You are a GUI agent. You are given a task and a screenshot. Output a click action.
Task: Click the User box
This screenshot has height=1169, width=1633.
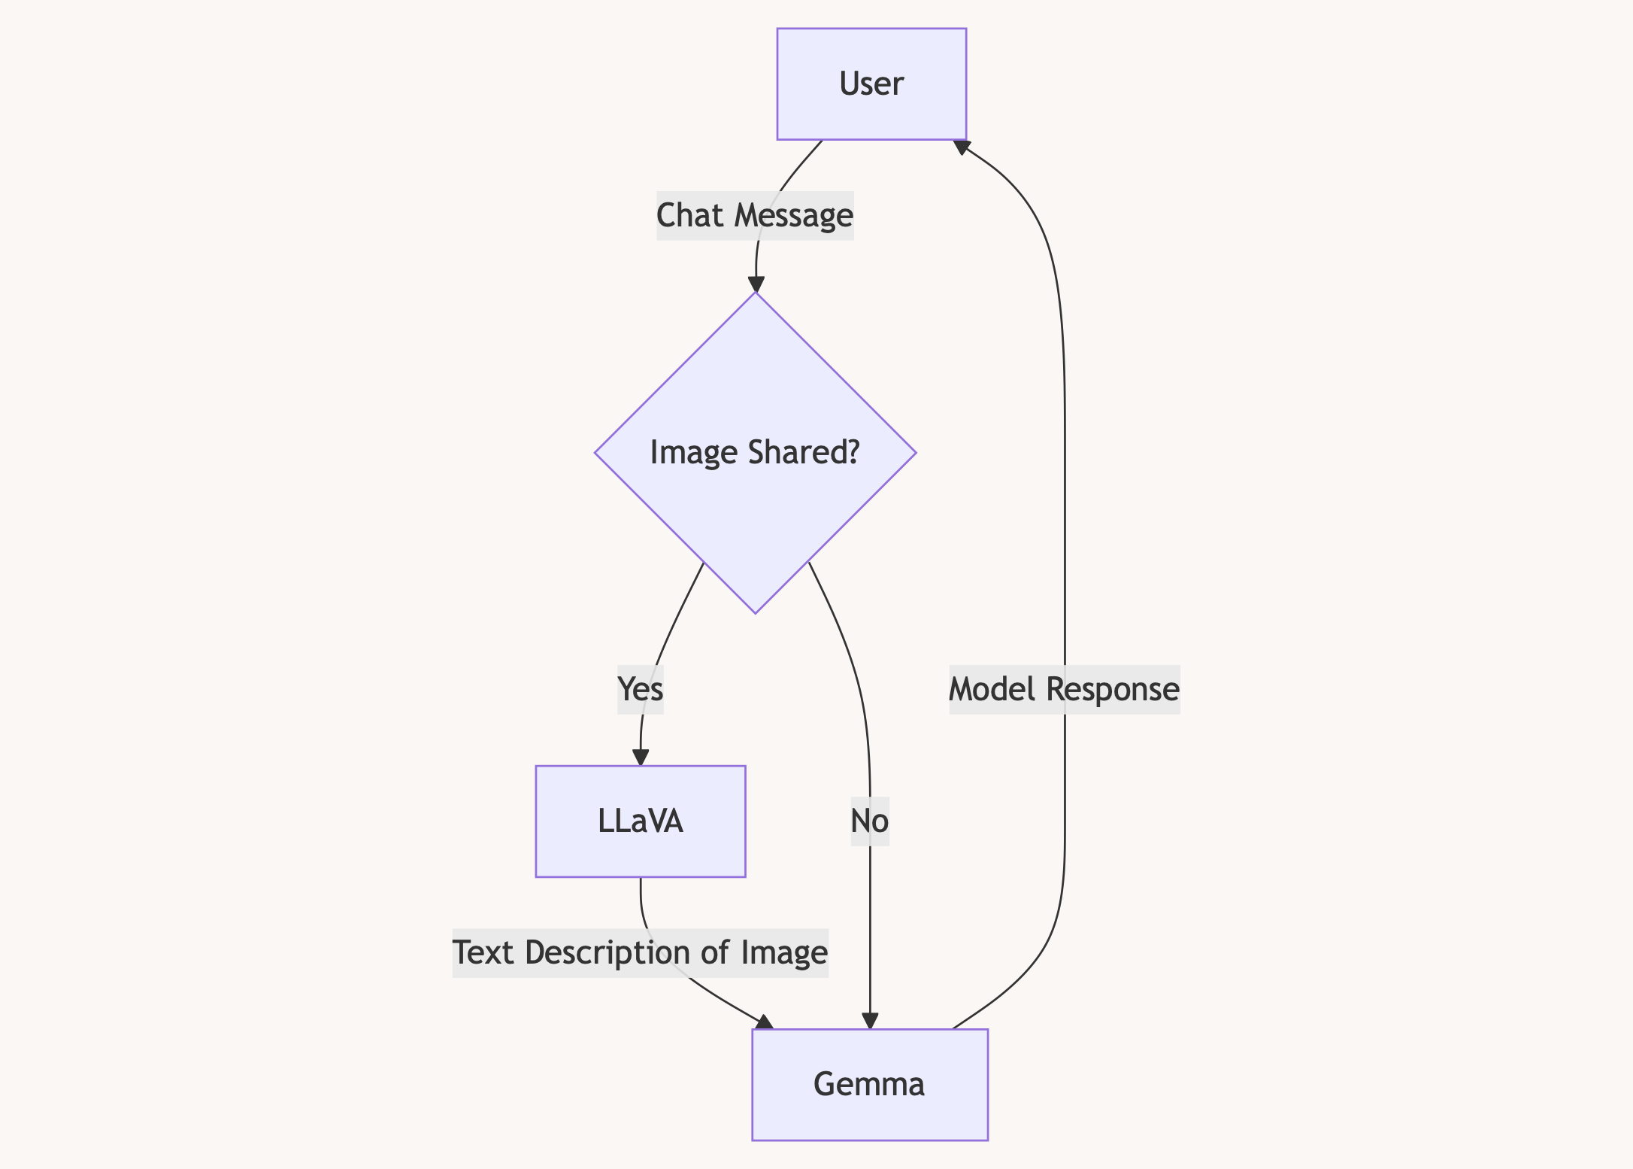pyautogui.click(x=871, y=83)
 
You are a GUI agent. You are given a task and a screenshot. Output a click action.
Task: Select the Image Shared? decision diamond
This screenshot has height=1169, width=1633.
pyautogui.click(x=755, y=453)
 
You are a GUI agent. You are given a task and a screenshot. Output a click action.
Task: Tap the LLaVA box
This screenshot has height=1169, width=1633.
pyautogui.click(x=641, y=821)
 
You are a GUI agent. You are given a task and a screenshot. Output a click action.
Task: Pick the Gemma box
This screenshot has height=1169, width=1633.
pyautogui.click(x=870, y=1085)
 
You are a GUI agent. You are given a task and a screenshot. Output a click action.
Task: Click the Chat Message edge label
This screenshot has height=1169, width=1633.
pyautogui.click(x=755, y=215)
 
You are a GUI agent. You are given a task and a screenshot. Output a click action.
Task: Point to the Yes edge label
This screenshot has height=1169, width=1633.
pyautogui.click(x=641, y=689)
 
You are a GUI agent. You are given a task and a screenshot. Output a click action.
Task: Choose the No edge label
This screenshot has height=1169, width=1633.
pyautogui.click(x=870, y=821)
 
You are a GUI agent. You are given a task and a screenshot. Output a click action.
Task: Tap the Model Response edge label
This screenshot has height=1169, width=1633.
pyautogui.click(x=1065, y=689)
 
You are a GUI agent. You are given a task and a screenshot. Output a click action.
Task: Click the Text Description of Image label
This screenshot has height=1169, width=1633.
pyautogui.click(x=641, y=952)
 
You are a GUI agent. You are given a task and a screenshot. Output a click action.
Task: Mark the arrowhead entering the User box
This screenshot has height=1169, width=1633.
pyautogui.click(x=961, y=146)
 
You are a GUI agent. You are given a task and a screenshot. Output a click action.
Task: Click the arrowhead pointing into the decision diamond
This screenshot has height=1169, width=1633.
pyautogui.click(x=756, y=284)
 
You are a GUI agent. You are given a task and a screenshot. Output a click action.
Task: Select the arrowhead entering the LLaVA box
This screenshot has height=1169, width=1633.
pyautogui.click(x=641, y=758)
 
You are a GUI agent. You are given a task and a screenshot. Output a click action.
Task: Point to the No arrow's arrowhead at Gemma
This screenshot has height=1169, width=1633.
pyautogui.click(x=870, y=1021)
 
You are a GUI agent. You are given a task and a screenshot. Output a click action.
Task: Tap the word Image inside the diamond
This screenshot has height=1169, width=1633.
pyautogui.click(x=693, y=453)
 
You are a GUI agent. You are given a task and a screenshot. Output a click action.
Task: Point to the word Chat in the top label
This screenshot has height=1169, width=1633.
pyautogui.click(x=690, y=215)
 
